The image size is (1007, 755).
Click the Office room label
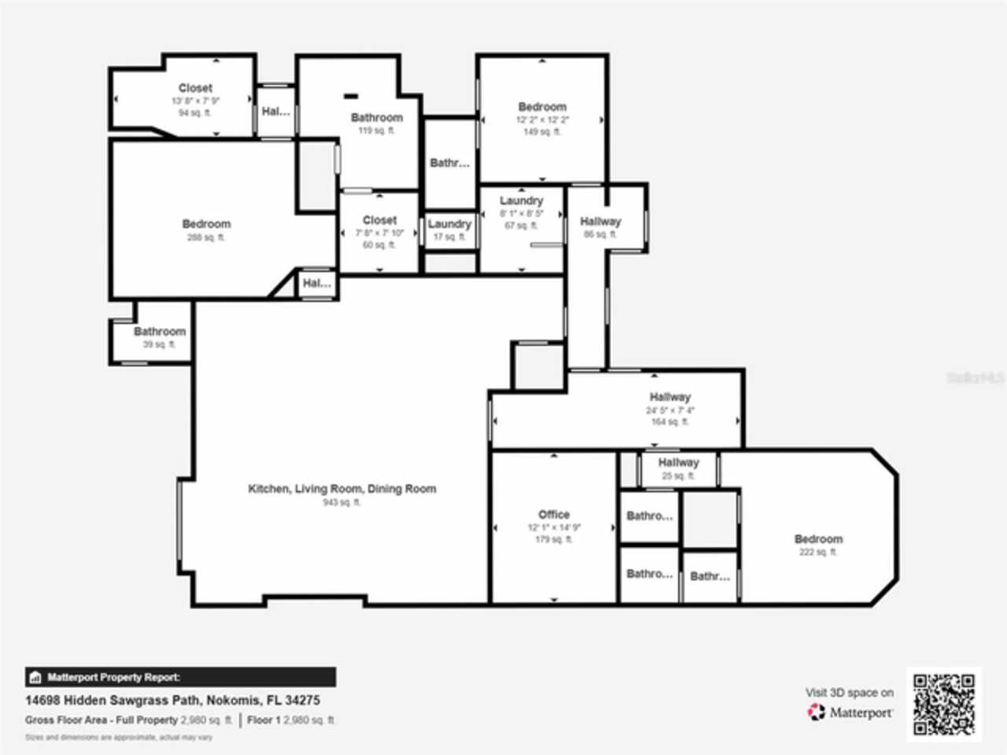point(554,514)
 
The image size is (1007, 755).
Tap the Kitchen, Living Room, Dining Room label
point(342,489)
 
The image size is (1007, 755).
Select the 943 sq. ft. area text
point(341,503)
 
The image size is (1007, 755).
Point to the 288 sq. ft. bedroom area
point(206,238)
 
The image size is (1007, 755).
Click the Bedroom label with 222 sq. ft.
point(818,540)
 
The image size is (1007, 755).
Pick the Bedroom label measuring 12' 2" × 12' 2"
point(542,107)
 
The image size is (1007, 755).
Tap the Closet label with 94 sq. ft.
point(195,88)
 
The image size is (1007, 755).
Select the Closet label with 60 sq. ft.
point(379,220)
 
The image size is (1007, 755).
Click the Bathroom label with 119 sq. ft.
point(377,118)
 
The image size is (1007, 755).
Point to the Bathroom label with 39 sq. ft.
point(160,332)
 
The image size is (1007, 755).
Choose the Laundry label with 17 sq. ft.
point(449,224)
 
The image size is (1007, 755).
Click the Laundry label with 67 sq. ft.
point(521,201)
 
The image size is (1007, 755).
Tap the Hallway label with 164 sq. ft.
point(669,397)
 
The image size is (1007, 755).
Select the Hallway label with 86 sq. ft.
point(600,222)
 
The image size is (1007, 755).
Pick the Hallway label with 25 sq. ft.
point(678,462)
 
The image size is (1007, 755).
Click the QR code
point(944,704)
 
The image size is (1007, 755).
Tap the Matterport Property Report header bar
point(181,677)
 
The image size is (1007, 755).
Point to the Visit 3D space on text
point(849,693)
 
